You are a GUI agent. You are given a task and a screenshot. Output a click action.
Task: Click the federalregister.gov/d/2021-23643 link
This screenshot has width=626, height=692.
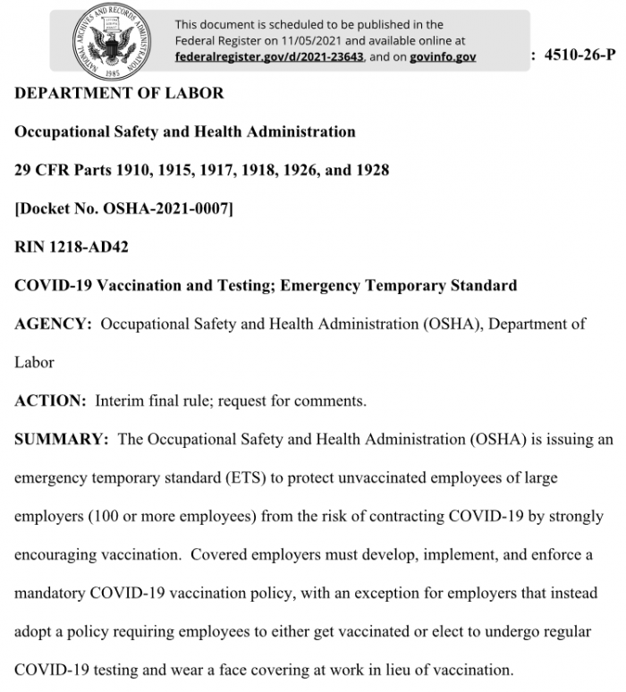[x=269, y=56]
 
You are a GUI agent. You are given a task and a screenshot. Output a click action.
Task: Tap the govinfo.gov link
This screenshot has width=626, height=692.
[x=443, y=56]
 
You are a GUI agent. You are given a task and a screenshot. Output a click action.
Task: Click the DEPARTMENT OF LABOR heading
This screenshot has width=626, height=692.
[x=119, y=93]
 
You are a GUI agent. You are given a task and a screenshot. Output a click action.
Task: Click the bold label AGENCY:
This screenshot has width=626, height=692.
[x=53, y=325]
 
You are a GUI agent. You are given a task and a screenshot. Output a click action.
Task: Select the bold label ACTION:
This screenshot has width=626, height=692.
[x=50, y=401]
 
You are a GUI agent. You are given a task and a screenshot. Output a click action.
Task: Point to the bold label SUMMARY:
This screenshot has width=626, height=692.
[x=62, y=440]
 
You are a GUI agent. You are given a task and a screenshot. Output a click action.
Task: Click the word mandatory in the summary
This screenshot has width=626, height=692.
[x=53, y=594]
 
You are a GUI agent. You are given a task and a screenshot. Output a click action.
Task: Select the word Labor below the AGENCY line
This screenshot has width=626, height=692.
[x=34, y=363]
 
